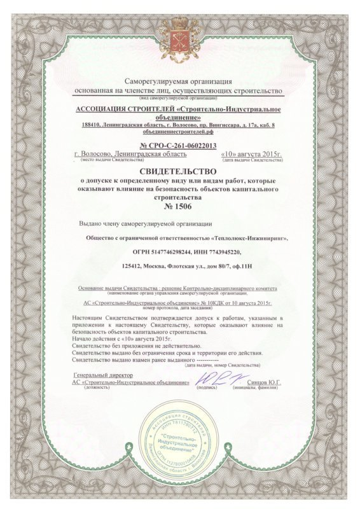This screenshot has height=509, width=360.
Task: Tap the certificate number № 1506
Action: [180, 206]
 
